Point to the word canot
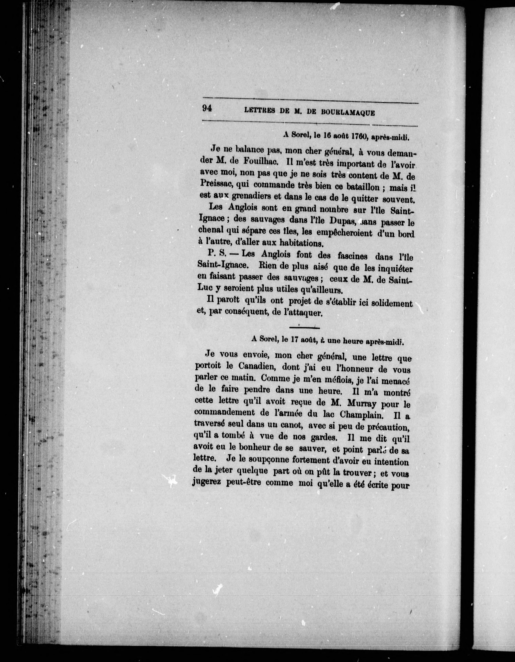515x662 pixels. pos(291,426)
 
